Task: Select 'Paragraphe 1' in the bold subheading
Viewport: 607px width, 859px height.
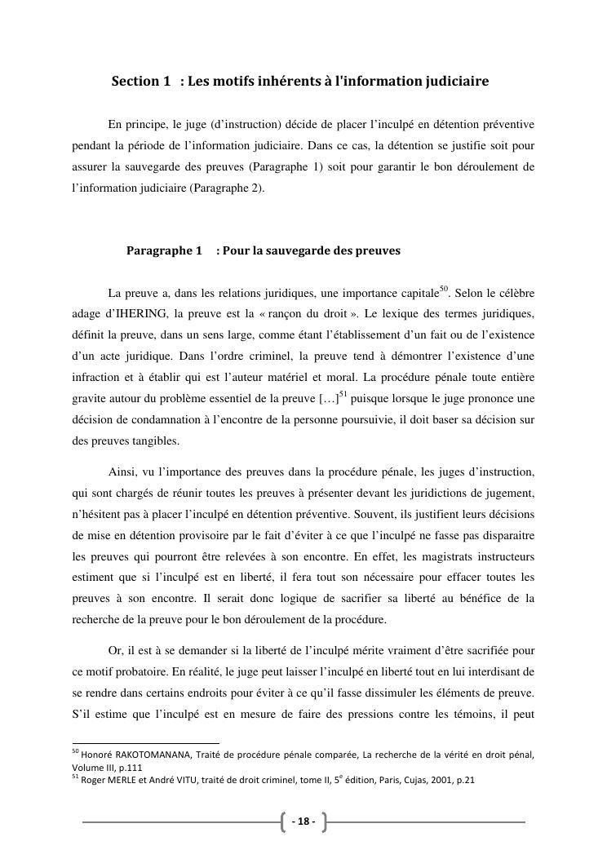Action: tap(164, 250)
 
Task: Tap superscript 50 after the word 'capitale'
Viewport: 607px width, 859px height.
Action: tap(445, 288)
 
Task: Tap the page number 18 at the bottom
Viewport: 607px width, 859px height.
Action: tap(303, 821)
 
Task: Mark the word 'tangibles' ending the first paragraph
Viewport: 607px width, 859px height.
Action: tap(154, 441)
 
